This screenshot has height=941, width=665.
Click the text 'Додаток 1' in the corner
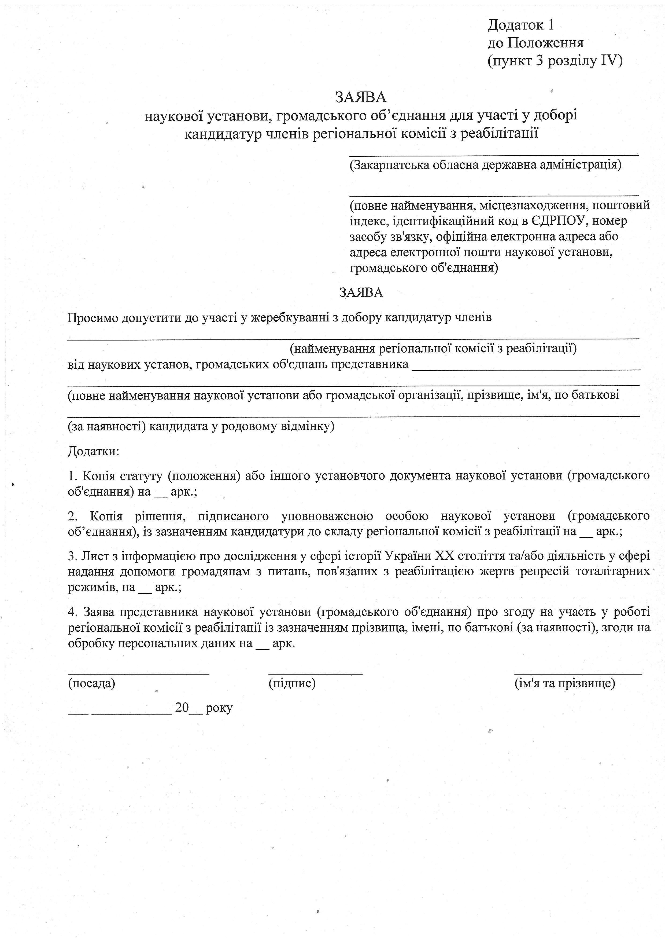pos(520,25)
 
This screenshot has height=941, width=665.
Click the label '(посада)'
pos(91,683)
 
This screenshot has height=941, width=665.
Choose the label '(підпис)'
pos(292,683)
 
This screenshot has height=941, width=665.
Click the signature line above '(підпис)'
pos(315,673)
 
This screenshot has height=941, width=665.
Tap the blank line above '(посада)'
pos(138,673)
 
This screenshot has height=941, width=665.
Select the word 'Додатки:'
pos(93,452)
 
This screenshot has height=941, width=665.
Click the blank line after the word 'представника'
pos(526,369)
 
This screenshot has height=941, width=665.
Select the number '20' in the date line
pos(182,707)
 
